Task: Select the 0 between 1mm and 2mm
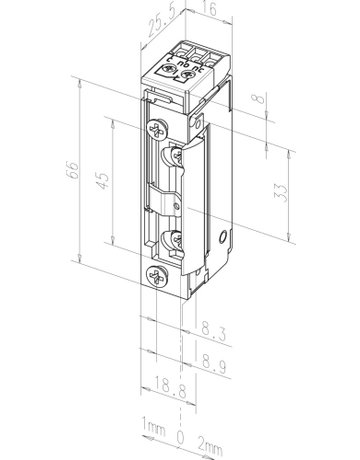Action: pyautogui.click(x=180, y=438)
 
